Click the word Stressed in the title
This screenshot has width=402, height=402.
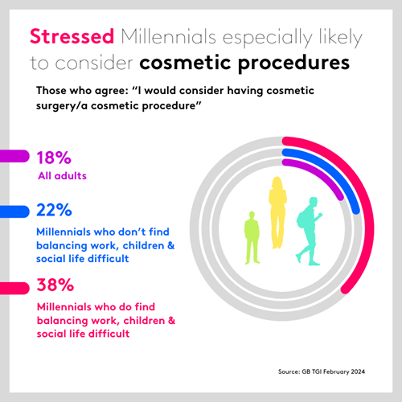72,37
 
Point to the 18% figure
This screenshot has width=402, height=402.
55,157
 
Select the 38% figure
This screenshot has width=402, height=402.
55,285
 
